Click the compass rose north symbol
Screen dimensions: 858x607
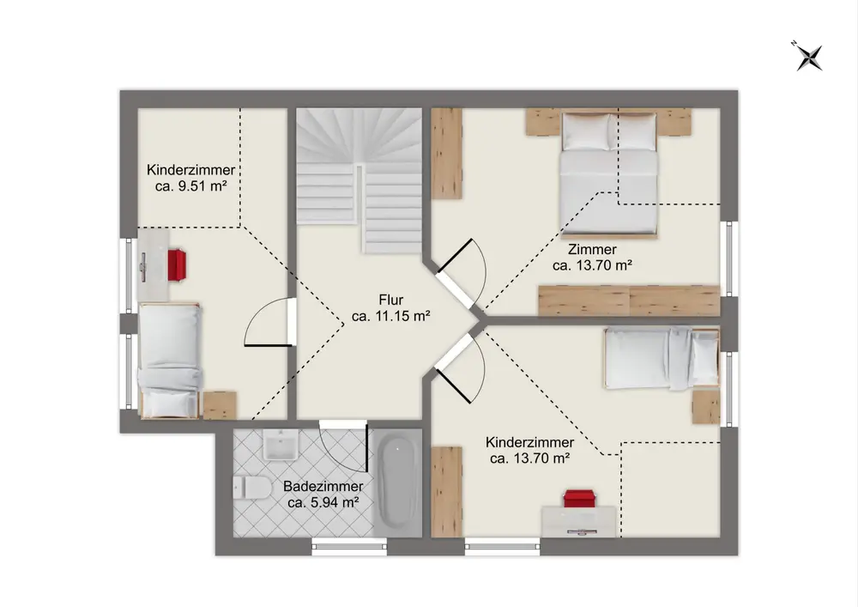(x=808, y=57)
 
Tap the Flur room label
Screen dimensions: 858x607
(x=390, y=300)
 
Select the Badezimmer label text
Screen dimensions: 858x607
(x=323, y=486)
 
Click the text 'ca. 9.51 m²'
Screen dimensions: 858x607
(x=191, y=186)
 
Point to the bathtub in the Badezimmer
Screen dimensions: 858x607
(x=397, y=483)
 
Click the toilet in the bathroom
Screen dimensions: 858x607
(x=252, y=487)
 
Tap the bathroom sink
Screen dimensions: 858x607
(x=281, y=445)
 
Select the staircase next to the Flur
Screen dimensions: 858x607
(x=359, y=179)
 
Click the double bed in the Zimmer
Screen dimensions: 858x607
(x=608, y=175)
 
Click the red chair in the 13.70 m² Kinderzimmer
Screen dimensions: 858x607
(x=580, y=499)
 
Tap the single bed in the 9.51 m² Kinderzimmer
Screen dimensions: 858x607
(x=170, y=361)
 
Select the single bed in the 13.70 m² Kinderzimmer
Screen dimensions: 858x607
(x=662, y=358)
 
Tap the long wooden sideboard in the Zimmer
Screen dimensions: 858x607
(x=629, y=300)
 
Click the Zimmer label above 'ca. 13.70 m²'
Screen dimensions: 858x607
(x=592, y=250)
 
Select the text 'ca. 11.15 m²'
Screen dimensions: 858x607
(x=390, y=316)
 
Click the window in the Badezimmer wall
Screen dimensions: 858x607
(x=350, y=546)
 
